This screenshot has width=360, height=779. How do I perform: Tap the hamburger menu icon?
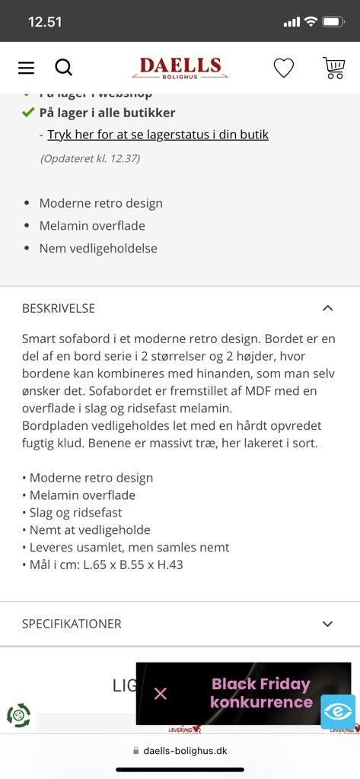pos(26,68)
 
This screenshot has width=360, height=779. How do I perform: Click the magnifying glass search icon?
pos(64,68)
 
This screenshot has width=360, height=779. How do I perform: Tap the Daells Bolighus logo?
pos(180,68)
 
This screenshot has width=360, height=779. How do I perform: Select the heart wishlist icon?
pos(283,68)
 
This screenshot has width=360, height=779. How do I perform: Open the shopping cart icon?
pos(333,68)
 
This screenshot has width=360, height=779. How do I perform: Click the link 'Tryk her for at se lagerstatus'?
pos(158,135)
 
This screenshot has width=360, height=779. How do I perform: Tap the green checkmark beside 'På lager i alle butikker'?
pos(28,113)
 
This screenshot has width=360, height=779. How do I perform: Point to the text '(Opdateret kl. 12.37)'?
pos(90,159)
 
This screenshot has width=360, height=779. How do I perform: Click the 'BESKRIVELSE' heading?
pos(59,308)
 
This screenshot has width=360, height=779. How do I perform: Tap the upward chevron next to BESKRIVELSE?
pos(327,308)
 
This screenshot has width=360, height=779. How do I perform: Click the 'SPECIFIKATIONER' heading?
pos(72,624)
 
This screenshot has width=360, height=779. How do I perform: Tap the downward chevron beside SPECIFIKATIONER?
pos(327,624)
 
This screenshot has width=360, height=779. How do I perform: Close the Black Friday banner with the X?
pos(160,693)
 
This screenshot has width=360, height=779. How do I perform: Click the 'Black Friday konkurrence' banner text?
pos(261,693)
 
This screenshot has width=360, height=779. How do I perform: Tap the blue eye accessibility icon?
pos(337,712)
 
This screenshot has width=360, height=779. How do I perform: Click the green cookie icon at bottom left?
pos(18,715)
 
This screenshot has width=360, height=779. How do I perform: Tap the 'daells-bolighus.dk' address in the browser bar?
pos(185,750)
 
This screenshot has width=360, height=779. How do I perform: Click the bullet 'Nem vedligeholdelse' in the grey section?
pos(98,248)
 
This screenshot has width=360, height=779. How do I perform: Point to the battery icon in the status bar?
pos(333,21)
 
